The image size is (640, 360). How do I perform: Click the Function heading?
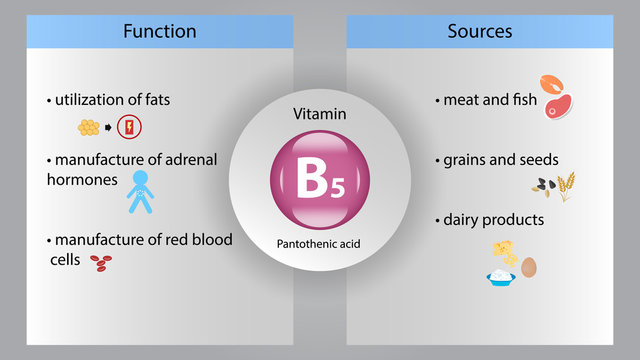(160, 31)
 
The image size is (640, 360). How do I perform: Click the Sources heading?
(480, 31)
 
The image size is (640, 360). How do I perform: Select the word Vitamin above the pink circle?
(320, 115)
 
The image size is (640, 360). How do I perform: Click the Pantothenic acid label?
(320, 243)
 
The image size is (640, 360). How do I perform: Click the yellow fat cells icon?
(89, 127)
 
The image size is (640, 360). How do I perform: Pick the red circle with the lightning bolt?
(129, 127)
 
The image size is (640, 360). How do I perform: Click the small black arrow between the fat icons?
(108, 128)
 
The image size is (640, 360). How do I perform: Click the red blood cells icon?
(101, 262)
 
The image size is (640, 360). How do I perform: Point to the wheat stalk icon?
(566, 186)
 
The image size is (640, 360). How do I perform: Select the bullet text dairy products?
(493, 219)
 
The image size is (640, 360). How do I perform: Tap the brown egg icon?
(529, 268)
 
